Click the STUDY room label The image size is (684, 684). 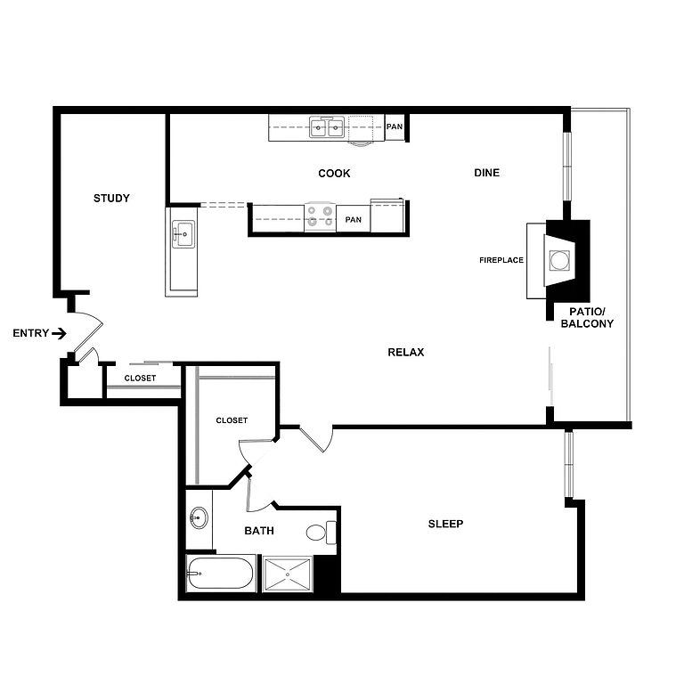111,199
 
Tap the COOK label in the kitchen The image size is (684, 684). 334,174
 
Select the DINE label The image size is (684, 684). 487,173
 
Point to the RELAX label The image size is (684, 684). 406,352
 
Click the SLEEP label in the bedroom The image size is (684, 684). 445,524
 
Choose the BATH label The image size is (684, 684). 259,531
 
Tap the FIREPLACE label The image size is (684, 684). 501,260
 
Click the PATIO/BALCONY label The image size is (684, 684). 587,318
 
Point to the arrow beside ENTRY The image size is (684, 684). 59,334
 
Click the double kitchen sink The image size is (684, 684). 327,127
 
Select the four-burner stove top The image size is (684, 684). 321,216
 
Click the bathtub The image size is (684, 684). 220,574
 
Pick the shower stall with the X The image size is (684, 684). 288,574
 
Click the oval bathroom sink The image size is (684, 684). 199,517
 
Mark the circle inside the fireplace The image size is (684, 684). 558,260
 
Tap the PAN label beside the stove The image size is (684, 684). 354,220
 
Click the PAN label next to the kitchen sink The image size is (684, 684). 395,126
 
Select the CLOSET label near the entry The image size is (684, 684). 140,379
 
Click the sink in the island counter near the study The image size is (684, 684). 183,234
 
